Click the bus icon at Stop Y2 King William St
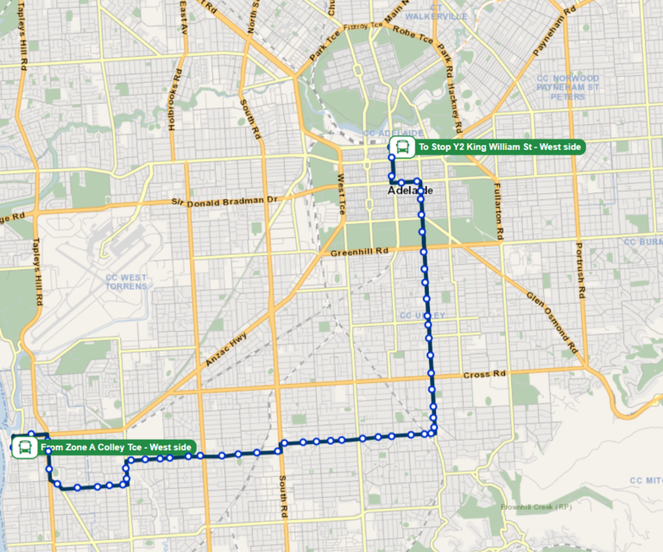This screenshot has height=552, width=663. (401, 147)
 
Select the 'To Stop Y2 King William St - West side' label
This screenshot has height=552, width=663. (500, 147)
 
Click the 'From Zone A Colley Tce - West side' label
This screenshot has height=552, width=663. (117, 447)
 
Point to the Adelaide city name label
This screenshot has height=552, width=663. (409, 190)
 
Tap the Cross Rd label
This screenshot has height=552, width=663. (482, 375)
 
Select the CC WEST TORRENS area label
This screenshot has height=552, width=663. (126, 281)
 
